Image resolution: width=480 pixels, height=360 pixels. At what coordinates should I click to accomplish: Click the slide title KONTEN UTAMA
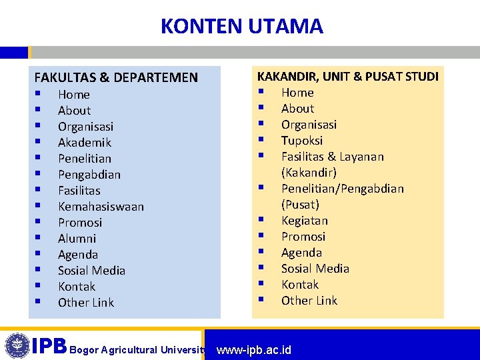point(241,26)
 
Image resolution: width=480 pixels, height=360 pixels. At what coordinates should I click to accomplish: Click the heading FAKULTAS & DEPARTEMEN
point(116,77)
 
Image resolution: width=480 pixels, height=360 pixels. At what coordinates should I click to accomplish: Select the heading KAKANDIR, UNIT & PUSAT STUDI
point(348,76)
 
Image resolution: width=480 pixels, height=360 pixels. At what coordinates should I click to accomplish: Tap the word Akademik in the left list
point(85,142)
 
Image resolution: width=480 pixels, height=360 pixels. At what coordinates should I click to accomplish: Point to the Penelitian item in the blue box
point(85,158)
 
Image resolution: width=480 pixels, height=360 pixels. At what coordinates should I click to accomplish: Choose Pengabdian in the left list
point(89,174)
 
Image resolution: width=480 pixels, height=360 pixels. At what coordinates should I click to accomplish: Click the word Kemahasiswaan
point(101,206)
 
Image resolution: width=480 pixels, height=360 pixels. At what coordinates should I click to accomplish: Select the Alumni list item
point(77,238)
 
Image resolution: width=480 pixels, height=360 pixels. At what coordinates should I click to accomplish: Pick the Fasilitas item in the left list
point(79,190)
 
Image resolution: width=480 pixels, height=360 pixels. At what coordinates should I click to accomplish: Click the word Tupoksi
point(302,140)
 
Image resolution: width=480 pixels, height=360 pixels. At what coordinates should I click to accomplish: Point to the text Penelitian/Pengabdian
point(342,188)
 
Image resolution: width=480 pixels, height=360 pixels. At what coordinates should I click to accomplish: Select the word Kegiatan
point(305,220)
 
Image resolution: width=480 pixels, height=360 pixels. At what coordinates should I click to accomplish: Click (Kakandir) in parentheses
point(309,172)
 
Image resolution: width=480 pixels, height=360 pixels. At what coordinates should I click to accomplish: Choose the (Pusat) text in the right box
point(300,204)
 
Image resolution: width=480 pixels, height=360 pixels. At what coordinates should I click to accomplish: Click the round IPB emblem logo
point(17,345)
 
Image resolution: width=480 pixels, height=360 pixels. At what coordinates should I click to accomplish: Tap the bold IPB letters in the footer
point(50,346)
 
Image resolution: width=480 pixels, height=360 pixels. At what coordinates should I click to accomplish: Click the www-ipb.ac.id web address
point(254,349)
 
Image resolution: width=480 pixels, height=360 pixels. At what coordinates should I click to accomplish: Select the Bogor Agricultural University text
point(137,349)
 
